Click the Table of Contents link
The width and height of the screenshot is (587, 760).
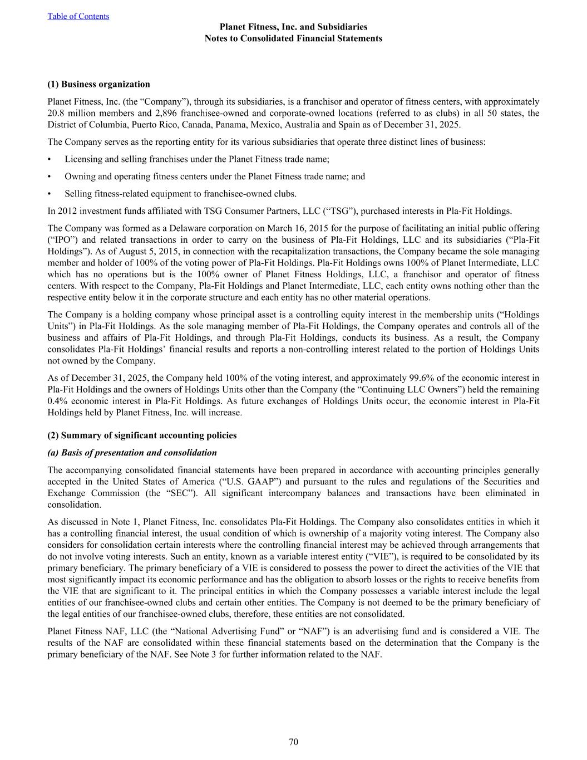point(78,16)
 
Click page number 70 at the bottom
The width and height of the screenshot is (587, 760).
point(293,742)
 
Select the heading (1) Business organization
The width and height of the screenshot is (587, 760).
point(99,84)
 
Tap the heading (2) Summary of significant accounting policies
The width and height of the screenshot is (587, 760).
point(142,435)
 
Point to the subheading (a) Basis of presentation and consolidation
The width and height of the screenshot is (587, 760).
point(132,453)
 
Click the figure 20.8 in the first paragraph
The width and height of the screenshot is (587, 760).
point(56,113)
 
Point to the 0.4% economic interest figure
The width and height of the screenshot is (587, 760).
point(58,401)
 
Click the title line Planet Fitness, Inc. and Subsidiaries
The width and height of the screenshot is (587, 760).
point(293,27)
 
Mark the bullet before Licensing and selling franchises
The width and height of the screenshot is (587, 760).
point(50,159)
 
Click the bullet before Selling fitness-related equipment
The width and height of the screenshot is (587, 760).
point(50,194)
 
